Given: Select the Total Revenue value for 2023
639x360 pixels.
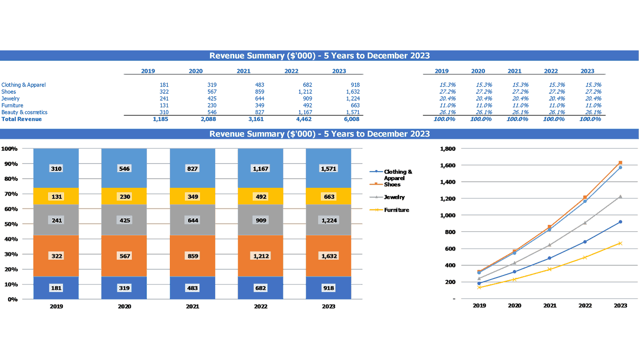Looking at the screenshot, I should click(x=352, y=119).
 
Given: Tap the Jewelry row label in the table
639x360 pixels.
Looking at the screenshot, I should click(x=11, y=98).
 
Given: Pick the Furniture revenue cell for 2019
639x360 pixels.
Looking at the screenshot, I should click(x=164, y=105).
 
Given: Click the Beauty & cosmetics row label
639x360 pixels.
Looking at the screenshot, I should click(x=24, y=112).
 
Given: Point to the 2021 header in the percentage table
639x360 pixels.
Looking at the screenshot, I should click(x=514, y=71).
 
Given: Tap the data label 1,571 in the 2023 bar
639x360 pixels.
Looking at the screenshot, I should click(x=329, y=169).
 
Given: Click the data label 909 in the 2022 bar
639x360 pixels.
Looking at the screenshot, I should click(x=260, y=220).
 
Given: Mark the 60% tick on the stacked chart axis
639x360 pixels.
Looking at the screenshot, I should click(x=10, y=209).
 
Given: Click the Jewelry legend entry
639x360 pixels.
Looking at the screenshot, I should click(x=394, y=197).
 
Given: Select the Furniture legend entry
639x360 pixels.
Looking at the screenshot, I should click(x=396, y=210).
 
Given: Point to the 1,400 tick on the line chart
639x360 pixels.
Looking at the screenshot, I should click(x=447, y=182).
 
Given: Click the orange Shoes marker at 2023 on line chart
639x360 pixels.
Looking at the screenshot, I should click(x=620, y=163).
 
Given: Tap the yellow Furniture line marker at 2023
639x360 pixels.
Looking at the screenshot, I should click(x=620, y=243).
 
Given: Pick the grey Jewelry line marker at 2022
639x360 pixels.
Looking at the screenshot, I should click(x=585, y=223).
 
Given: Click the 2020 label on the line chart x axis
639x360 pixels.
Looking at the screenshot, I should click(x=514, y=305).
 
